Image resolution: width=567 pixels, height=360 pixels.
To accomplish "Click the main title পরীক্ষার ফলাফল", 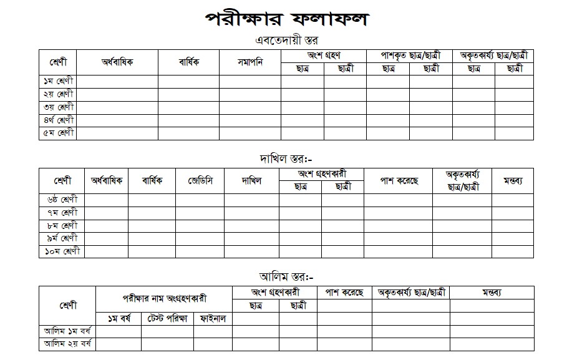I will (286, 19).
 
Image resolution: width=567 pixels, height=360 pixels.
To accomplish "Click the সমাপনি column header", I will (250, 62).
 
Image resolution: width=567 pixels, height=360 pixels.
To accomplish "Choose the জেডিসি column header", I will (200, 181).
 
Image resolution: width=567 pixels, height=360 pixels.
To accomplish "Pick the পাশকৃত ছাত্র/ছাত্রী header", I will (409, 56).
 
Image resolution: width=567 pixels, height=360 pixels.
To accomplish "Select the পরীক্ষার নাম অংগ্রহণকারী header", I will (164, 299).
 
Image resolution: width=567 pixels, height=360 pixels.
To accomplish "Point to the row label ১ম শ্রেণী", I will (59, 81).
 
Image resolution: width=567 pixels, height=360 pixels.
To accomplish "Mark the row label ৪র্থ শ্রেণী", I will (59, 120).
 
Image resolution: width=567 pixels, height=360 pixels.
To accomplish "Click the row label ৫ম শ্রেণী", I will (59, 134).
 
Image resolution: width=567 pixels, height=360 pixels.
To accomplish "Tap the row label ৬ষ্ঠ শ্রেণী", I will (62, 200).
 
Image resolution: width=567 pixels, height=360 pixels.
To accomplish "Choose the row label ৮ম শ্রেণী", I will (62, 225).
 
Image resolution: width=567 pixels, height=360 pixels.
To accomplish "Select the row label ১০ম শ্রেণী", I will (62, 251).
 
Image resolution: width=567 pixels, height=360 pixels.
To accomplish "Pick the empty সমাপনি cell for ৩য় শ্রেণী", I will (250, 107).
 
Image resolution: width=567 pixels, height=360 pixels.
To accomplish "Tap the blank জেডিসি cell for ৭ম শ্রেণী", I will (200, 213).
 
